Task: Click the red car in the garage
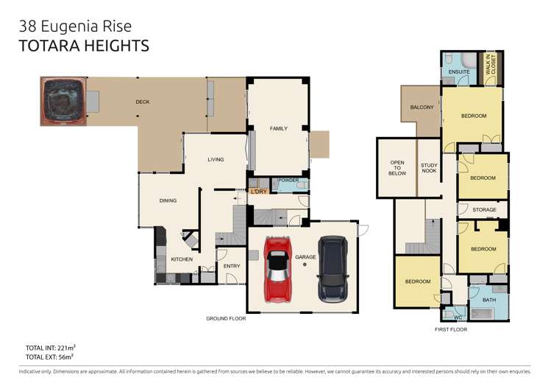click(x=277, y=270)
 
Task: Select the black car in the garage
click(x=333, y=270)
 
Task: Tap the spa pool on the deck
click(x=63, y=102)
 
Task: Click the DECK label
click(x=143, y=102)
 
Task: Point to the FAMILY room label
click(x=279, y=128)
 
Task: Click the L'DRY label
click(x=259, y=192)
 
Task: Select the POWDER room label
click(x=288, y=181)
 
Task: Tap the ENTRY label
click(x=232, y=266)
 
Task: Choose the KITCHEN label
click(x=182, y=259)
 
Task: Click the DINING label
click(x=168, y=200)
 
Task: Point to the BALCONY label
click(x=422, y=107)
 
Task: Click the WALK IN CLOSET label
click(x=491, y=64)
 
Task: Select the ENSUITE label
click(x=459, y=71)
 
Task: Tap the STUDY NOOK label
click(x=429, y=168)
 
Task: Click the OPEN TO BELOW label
click(x=397, y=168)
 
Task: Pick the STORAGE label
click(x=484, y=210)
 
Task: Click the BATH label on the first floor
click(x=489, y=300)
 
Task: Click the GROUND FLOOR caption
click(x=226, y=318)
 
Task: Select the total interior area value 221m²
click(x=66, y=348)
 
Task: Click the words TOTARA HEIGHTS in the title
click(x=84, y=46)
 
